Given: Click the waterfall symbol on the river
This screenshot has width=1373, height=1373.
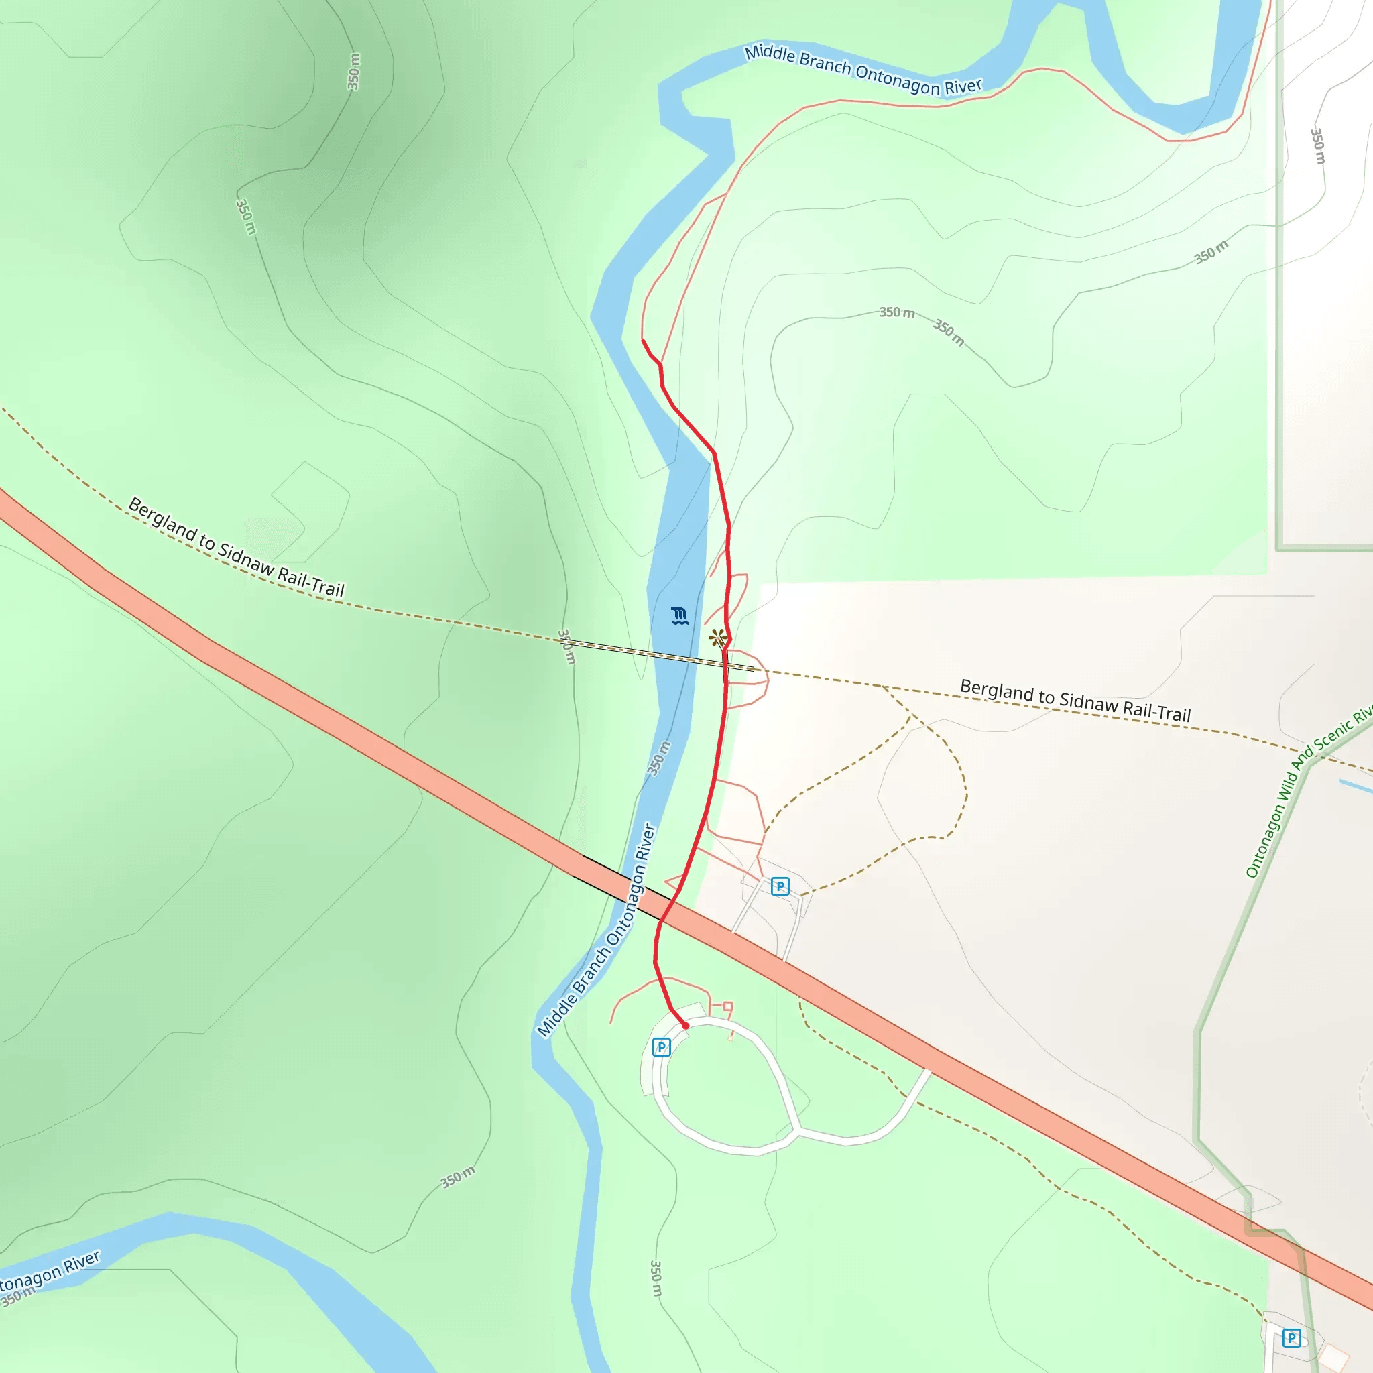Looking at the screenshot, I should pyautogui.click(x=679, y=615).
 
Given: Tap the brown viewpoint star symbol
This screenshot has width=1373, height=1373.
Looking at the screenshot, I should pyautogui.click(x=717, y=638).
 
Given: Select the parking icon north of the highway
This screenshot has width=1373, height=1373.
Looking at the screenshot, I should pyautogui.click(x=780, y=886).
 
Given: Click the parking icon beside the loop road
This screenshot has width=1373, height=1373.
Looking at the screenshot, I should pyautogui.click(x=661, y=1047).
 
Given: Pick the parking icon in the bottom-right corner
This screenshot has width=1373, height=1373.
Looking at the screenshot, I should pyautogui.click(x=1291, y=1338).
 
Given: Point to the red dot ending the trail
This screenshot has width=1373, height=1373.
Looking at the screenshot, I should pyautogui.click(x=685, y=1026).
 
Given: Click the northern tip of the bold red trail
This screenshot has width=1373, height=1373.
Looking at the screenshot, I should pyautogui.click(x=643, y=341).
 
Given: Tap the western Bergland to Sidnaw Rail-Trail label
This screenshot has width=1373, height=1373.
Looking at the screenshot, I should pyautogui.click(x=236, y=548).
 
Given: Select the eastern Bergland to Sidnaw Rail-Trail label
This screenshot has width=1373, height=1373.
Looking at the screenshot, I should pyautogui.click(x=1075, y=700).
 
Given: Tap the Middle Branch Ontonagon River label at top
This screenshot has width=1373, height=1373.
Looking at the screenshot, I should pyautogui.click(x=863, y=70).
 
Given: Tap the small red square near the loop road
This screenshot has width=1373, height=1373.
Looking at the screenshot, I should pyautogui.click(x=727, y=1006).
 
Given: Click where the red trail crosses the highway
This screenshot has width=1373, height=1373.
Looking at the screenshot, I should pyautogui.click(x=668, y=911).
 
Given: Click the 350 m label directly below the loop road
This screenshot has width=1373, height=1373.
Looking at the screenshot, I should pyautogui.click(x=656, y=1278).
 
